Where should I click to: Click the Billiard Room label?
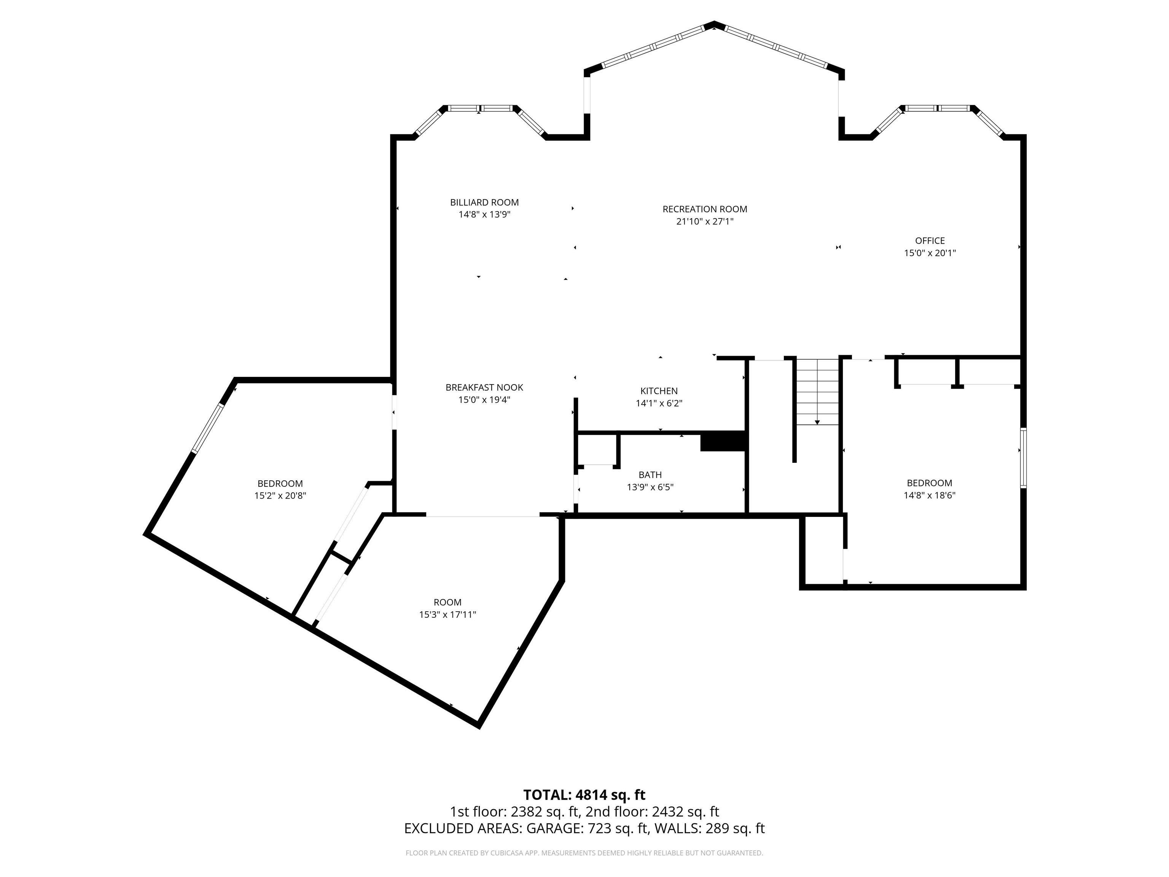[x=484, y=203]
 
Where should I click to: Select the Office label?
[x=930, y=241]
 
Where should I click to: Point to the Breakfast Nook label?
[x=484, y=387]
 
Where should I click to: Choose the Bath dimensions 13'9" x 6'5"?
[x=650, y=487]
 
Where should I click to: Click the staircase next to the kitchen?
[x=817, y=392]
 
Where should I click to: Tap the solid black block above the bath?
[x=722, y=442]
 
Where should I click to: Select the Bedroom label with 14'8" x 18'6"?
[x=929, y=483]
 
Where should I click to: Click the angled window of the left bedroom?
[x=207, y=428]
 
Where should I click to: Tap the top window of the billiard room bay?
[x=480, y=108]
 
